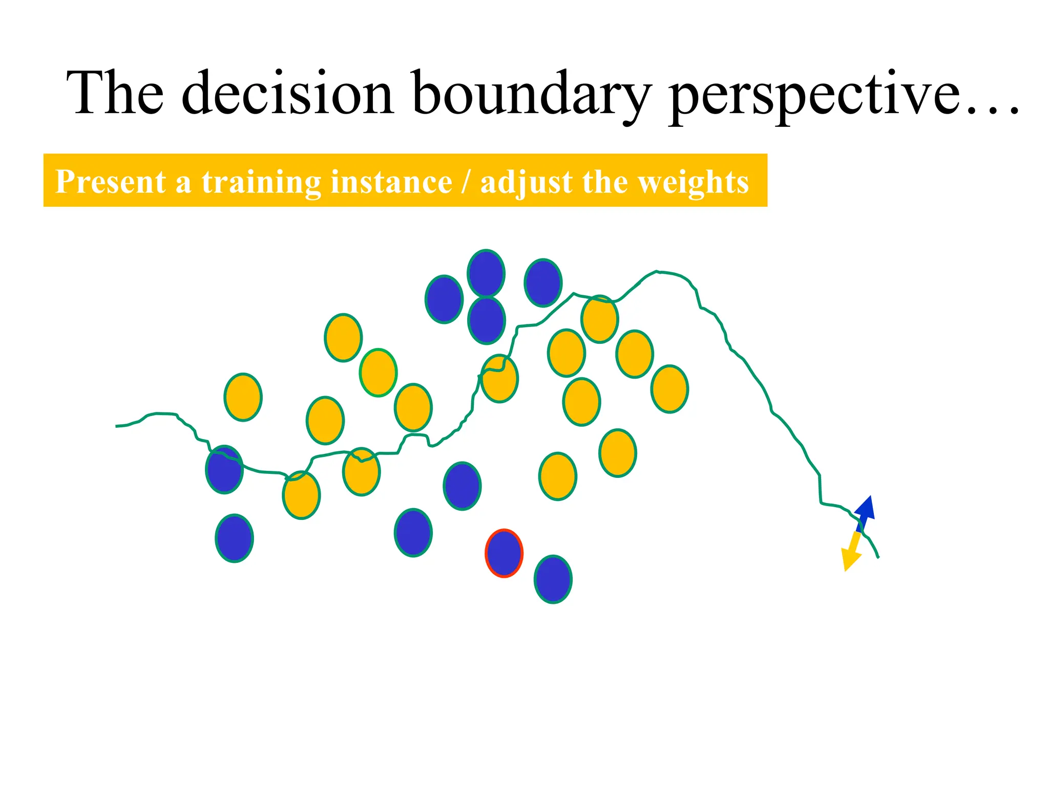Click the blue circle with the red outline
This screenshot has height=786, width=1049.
pos(504,553)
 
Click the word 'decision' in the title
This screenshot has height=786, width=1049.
pos(287,93)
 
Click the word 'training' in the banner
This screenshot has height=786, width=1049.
pos(261,182)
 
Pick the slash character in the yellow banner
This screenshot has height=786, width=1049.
pos(466,182)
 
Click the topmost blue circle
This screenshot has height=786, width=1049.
pos(486,273)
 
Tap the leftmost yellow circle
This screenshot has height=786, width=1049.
pos(243,397)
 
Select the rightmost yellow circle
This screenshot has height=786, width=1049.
pos(669,389)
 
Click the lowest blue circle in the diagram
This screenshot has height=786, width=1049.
pos(553,579)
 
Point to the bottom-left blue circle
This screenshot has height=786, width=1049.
pos(234,538)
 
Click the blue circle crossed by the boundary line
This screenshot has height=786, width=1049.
pos(224,469)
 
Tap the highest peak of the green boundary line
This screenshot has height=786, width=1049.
pos(657,272)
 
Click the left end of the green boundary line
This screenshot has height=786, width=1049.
pos(117,426)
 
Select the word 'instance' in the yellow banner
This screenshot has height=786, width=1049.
pos(391,182)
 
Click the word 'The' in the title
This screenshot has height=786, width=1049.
pos(115,93)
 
